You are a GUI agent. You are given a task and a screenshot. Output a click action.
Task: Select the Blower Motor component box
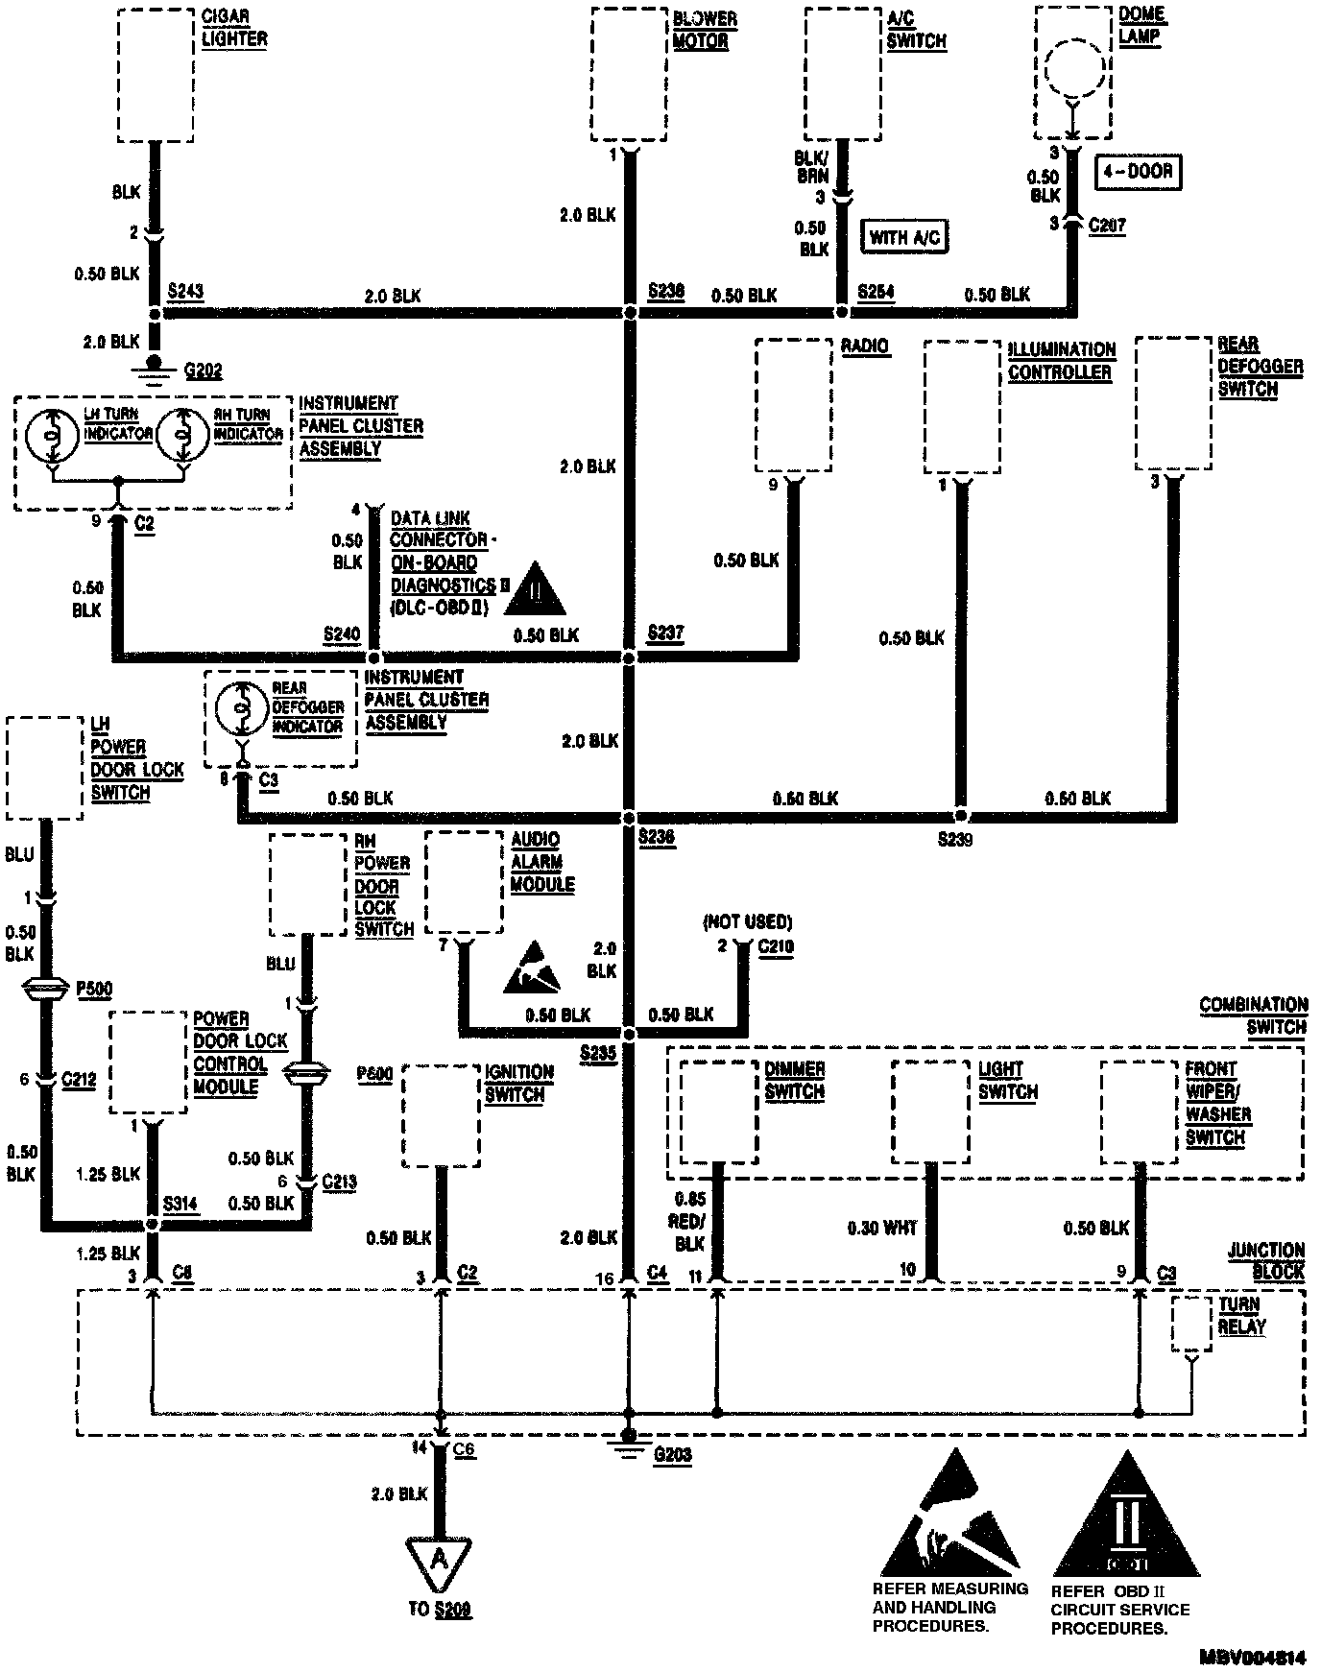629,75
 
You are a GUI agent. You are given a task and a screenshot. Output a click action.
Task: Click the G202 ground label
203,371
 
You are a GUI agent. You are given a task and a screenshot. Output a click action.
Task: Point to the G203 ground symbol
629,1446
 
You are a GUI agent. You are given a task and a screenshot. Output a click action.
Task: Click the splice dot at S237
629,657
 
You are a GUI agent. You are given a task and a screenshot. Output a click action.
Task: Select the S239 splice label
955,840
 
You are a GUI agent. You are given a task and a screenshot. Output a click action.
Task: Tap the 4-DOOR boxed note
1137,173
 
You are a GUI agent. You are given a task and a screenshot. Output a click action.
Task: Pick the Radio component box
793,405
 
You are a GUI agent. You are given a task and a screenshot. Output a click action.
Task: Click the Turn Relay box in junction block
1191,1325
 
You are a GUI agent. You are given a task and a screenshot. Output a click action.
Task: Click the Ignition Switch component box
441,1115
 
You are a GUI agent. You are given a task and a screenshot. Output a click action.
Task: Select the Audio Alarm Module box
464,882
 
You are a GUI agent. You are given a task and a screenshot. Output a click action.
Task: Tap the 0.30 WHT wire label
882,1228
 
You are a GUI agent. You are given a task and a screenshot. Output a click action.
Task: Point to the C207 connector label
1107,226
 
